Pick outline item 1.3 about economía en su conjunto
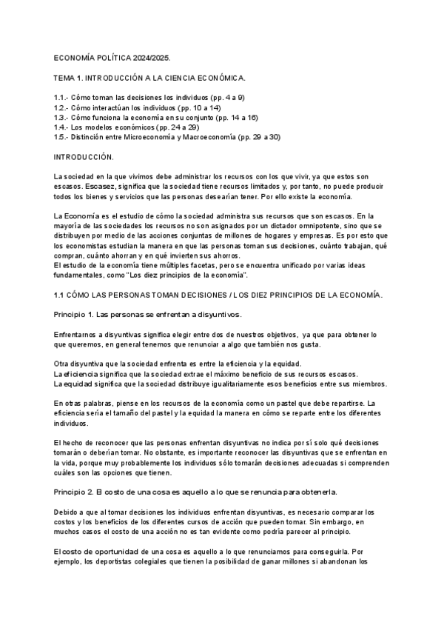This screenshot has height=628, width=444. [x=156, y=117]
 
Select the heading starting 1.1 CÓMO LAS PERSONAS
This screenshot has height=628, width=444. [x=219, y=295]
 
